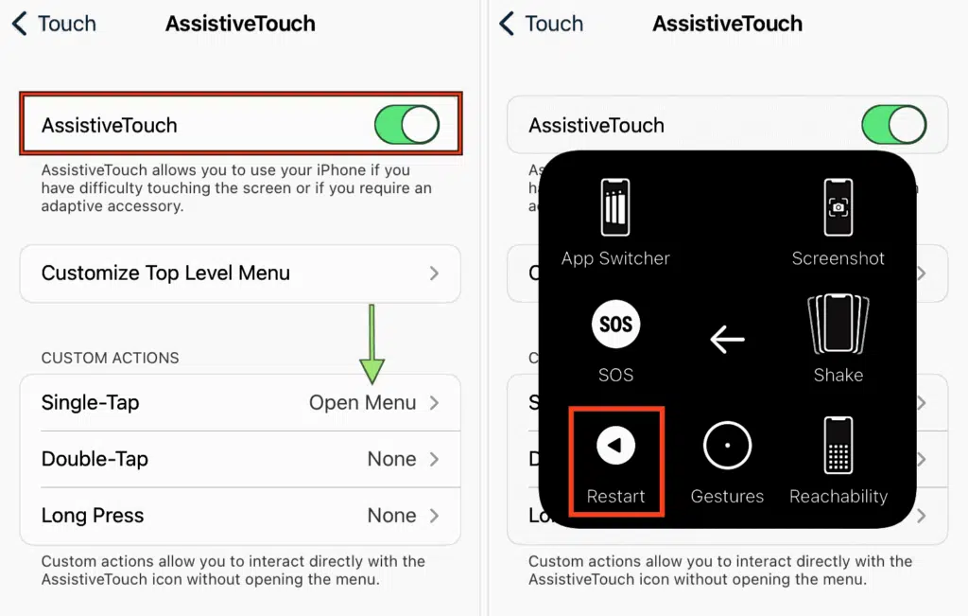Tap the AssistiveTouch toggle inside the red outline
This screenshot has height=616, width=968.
point(406,124)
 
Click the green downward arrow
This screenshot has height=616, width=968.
point(372,343)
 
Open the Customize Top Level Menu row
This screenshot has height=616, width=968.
point(240,273)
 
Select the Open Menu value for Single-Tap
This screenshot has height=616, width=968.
point(362,403)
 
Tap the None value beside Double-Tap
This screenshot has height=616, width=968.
point(391,459)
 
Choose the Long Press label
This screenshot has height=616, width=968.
point(93,516)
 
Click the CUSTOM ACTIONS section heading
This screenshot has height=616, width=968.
point(110,358)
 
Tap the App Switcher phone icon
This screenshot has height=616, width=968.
point(615,207)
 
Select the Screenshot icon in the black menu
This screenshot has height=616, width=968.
point(838,207)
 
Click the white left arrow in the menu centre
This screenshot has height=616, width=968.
point(727,339)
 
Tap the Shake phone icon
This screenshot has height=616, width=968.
point(838,324)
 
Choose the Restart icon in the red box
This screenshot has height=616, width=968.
point(615,445)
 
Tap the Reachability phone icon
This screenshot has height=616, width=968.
point(838,445)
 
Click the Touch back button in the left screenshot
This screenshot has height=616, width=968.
point(54,24)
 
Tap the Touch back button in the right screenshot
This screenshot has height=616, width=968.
point(541,24)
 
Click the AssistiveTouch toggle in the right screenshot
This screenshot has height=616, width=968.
point(894,124)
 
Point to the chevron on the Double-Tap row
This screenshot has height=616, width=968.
point(435,459)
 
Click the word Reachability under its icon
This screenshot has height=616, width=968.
point(838,496)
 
